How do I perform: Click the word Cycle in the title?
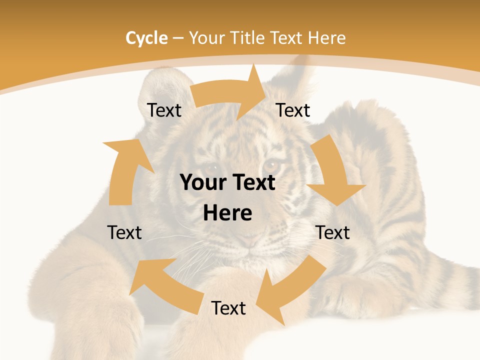146,37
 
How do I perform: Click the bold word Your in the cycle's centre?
203,183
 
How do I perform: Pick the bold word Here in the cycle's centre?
227,213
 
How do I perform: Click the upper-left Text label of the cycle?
164,110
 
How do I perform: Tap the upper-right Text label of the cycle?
293,110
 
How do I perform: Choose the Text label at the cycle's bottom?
228,308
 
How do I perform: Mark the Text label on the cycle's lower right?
333,232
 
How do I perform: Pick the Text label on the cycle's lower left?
124,232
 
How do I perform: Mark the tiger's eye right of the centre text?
271,164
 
